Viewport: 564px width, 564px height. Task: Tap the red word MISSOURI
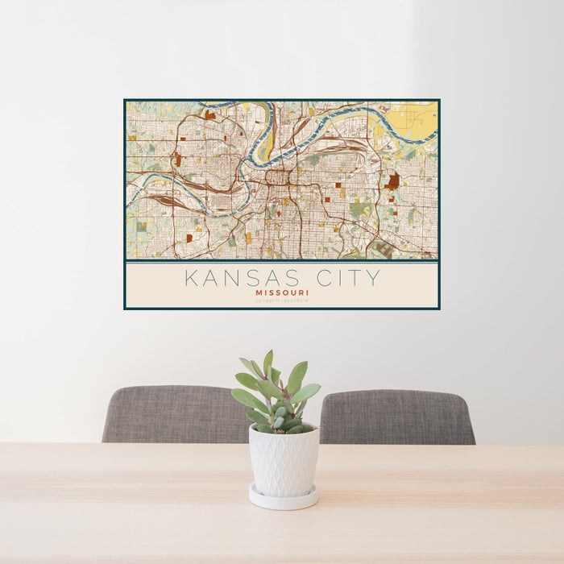tap(282, 293)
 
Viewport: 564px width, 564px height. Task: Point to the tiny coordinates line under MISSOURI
tap(282, 301)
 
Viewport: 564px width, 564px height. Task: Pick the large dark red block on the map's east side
tap(393, 181)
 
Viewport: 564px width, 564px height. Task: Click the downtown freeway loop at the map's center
tap(279, 176)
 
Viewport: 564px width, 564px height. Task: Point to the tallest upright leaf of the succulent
tap(267, 364)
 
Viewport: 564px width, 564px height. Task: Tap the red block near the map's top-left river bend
tap(210, 115)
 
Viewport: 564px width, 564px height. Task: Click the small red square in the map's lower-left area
tap(189, 238)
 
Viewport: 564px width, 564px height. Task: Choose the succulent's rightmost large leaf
tap(306, 392)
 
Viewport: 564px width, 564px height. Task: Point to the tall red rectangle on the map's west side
tap(177, 159)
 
